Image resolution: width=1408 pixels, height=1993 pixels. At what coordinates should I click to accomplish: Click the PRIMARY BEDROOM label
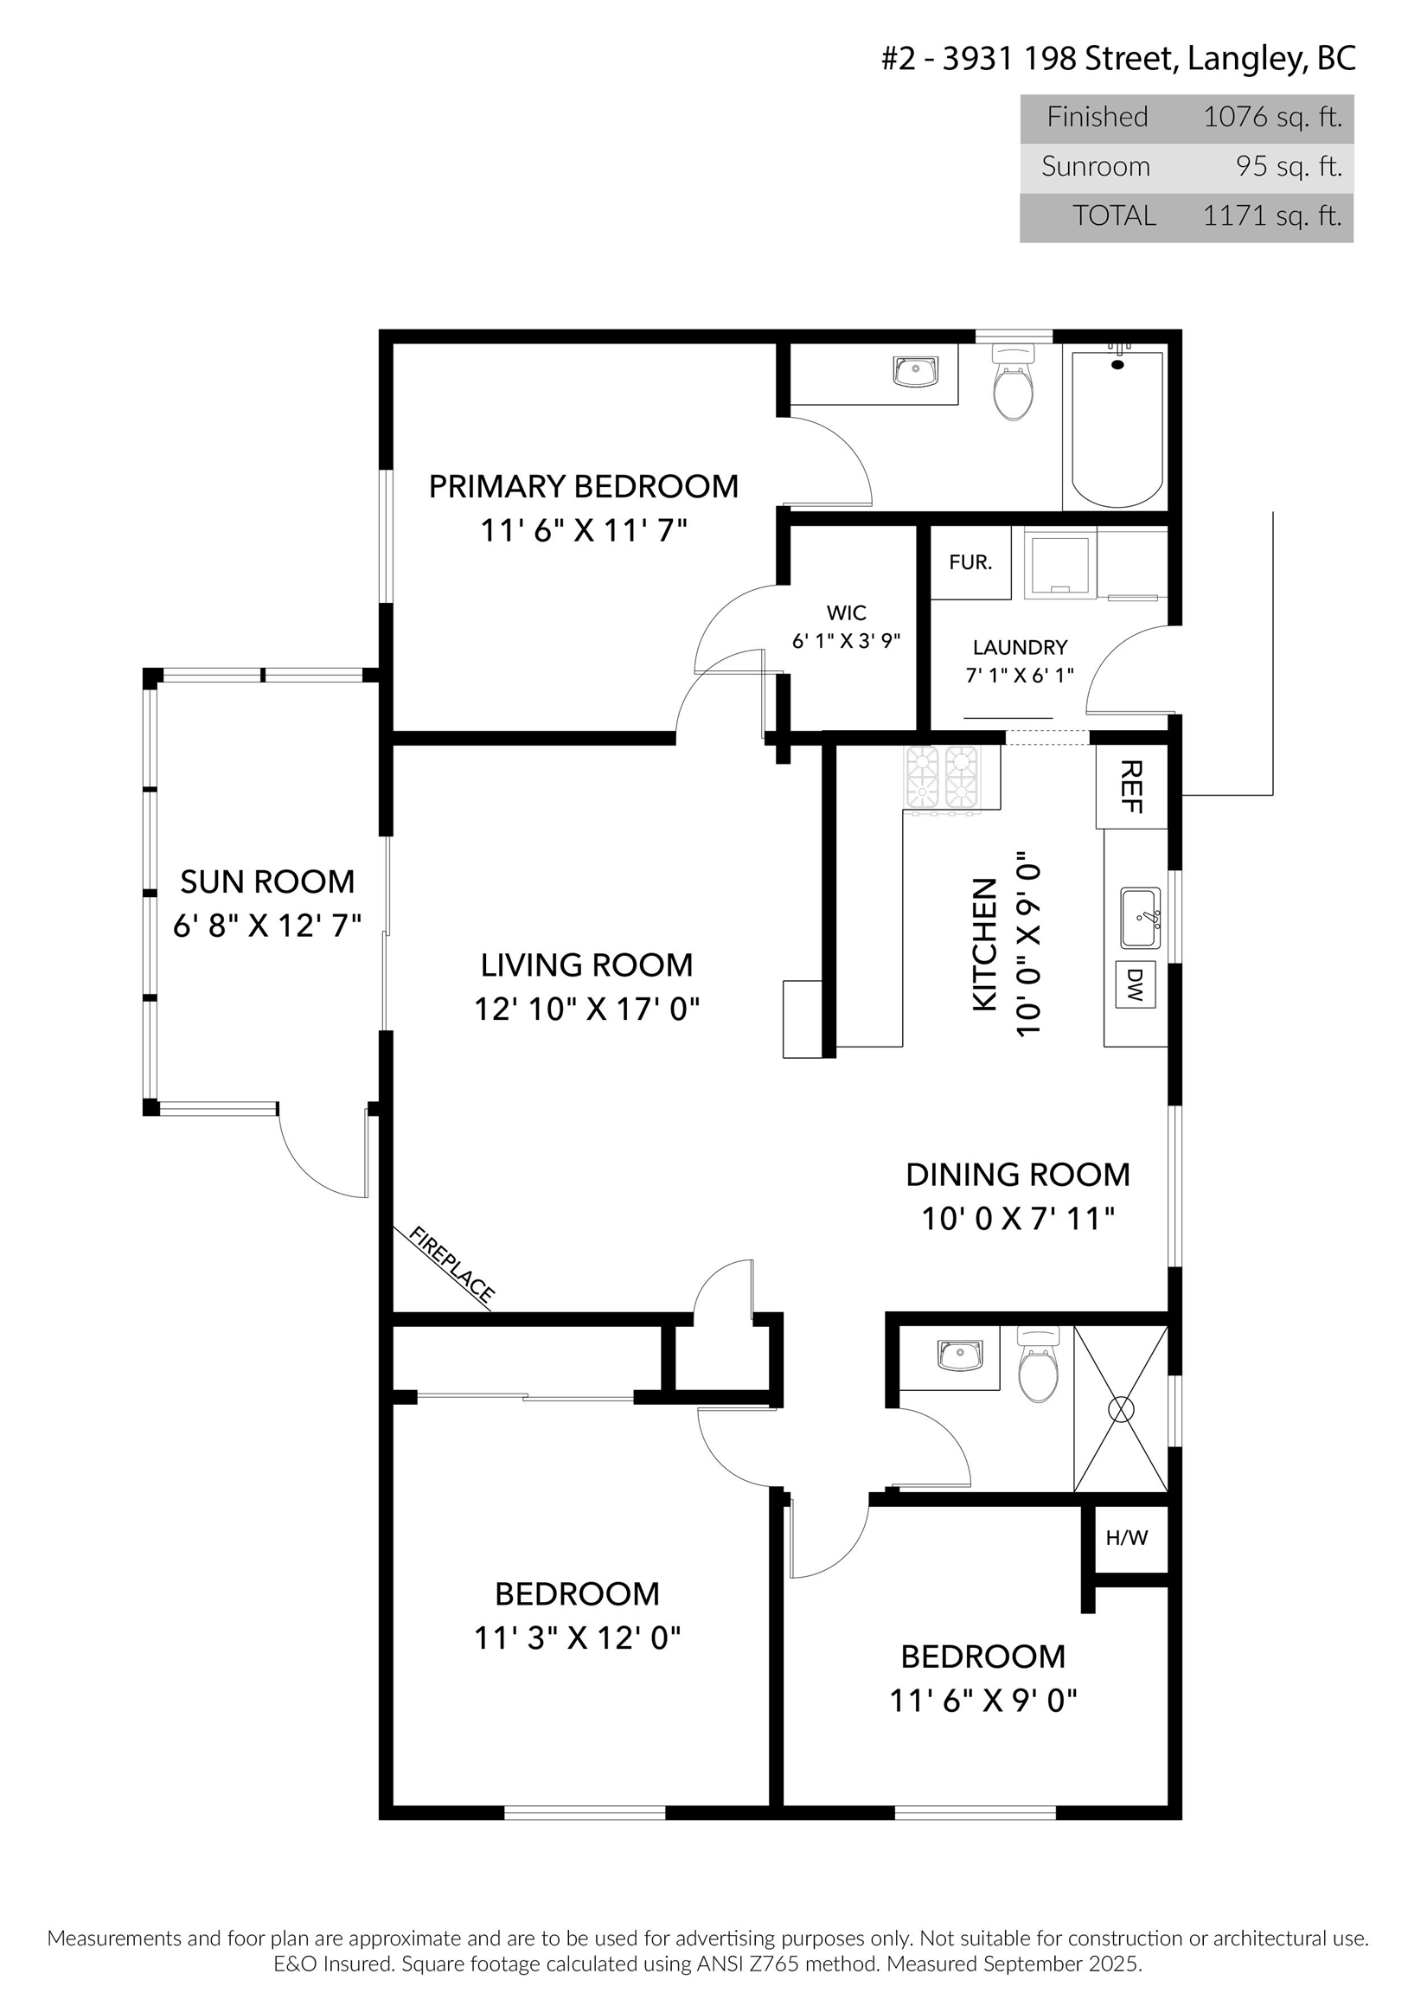583,486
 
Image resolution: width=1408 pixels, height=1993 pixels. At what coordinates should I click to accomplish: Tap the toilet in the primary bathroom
1012,383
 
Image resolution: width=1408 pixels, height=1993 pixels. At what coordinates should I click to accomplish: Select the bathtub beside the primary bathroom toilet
1117,430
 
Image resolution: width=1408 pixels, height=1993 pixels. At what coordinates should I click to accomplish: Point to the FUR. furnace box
970,561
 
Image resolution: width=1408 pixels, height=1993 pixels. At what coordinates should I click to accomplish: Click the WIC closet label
847,612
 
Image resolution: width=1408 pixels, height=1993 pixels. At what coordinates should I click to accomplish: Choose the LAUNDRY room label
1020,648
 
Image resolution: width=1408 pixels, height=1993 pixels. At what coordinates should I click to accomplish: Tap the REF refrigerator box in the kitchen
1131,786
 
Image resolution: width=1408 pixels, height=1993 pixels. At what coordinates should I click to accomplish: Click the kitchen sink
1140,918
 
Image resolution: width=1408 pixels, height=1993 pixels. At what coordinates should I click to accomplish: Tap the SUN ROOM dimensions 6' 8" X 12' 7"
267,926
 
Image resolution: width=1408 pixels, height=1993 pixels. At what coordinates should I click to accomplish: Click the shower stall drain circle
1122,1409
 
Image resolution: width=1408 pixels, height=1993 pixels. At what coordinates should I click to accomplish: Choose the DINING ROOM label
1018,1175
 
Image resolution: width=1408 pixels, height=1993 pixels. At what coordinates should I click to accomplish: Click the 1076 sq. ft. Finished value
1272,117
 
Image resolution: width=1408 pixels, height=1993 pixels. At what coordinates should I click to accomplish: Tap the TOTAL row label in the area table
1115,216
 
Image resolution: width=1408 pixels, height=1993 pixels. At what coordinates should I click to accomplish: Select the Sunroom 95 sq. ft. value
1289,167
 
